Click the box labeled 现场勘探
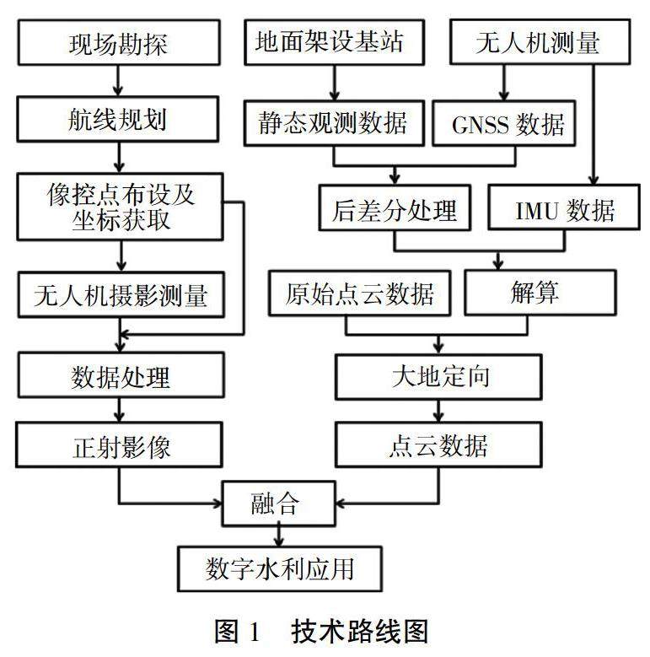click(119, 43)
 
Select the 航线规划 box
click(118, 119)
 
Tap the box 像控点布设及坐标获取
click(120, 207)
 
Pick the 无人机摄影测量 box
click(121, 294)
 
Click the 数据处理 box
click(121, 375)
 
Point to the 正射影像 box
click(120, 444)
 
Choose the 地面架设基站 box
click(334, 42)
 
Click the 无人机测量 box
click(540, 42)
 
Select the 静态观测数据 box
click(334, 123)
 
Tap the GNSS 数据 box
click(504, 123)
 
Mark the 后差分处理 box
click(395, 207)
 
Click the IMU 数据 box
click(564, 207)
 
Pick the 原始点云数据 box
click(360, 293)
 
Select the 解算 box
click(540, 293)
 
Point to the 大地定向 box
click(439, 377)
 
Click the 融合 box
click(279, 504)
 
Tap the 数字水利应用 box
click(280, 569)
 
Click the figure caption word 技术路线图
click(360, 632)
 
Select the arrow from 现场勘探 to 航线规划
click(118, 81)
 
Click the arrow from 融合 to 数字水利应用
click(279, 536)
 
